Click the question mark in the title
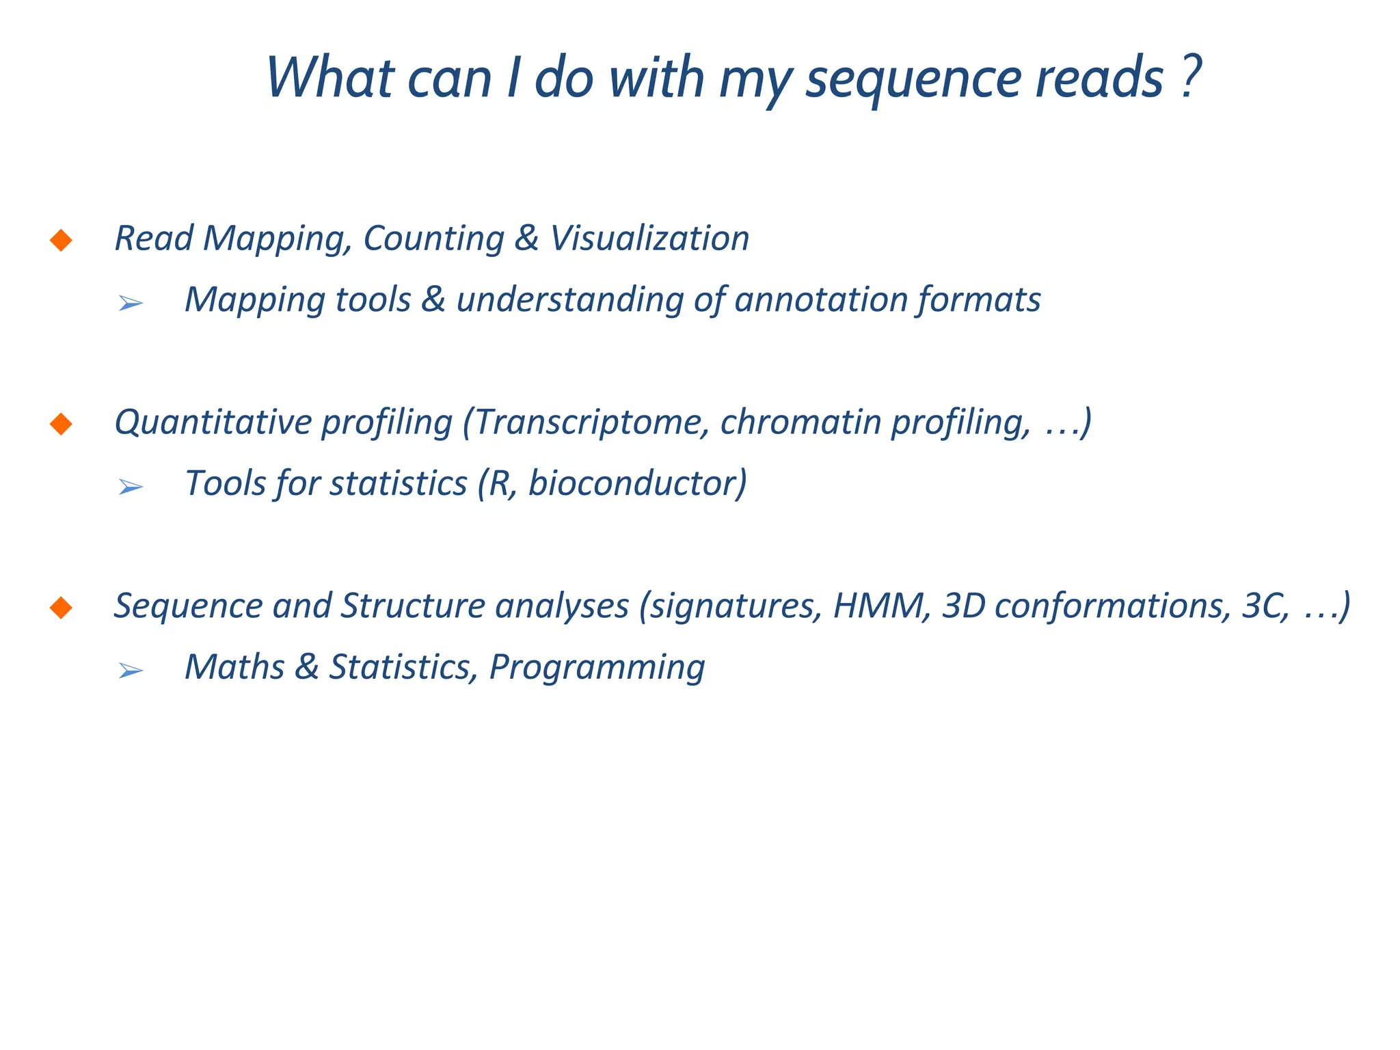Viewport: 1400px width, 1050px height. [1190, 77]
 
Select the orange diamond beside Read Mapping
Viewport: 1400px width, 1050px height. [62, 240]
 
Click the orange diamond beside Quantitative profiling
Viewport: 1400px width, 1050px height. [62, 424]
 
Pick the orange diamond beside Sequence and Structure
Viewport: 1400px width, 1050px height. [62, 607]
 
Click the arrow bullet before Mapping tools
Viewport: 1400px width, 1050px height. [130, 303]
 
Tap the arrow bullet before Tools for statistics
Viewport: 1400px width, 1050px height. [130, 487]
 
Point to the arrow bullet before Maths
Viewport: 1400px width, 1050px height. [130, 671]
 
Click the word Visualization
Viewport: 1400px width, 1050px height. [649, 239]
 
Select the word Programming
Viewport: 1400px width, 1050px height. [597, 668]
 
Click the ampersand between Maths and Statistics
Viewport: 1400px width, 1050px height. [307, 667]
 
